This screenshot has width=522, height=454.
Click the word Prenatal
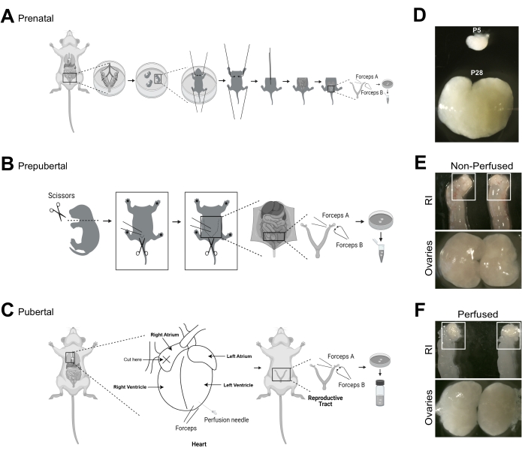click(x=38, y=15)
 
